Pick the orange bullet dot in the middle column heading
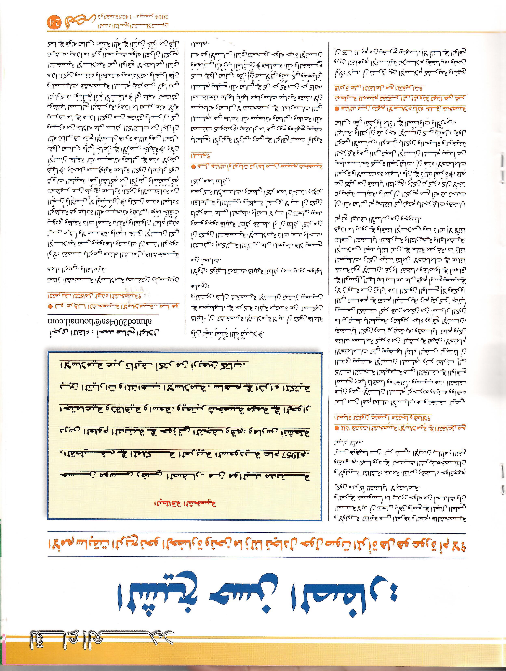[193, 166]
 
